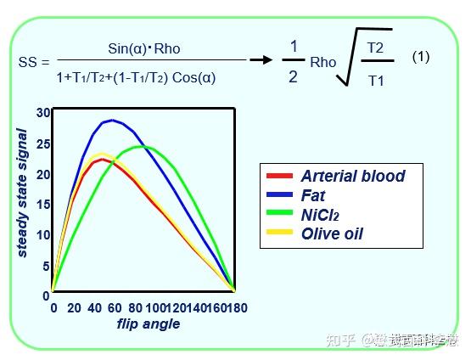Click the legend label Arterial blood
tap(352, 177)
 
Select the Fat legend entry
tap(314, 195)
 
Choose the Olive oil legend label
tap(332, 233)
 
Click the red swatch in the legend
tap(279, 177)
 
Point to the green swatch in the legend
tap(279, 214)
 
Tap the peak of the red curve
tap(102, 159)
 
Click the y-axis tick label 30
tap(45, 113)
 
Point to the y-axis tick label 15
tap(45, 205)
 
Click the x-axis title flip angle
tap(148, 323)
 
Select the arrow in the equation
tap(263, 60)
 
